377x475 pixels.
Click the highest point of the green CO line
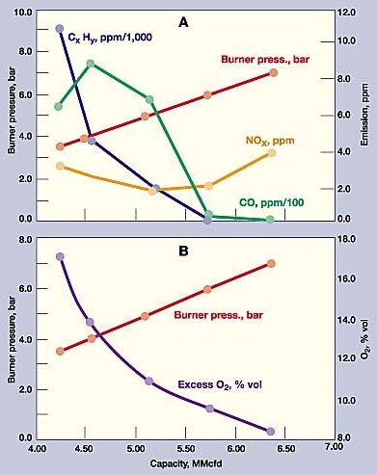[90, 64]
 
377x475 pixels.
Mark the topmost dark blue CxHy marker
[60, 29]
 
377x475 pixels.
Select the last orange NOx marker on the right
[272, 153]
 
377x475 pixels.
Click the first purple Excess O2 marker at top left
[60, 257]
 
